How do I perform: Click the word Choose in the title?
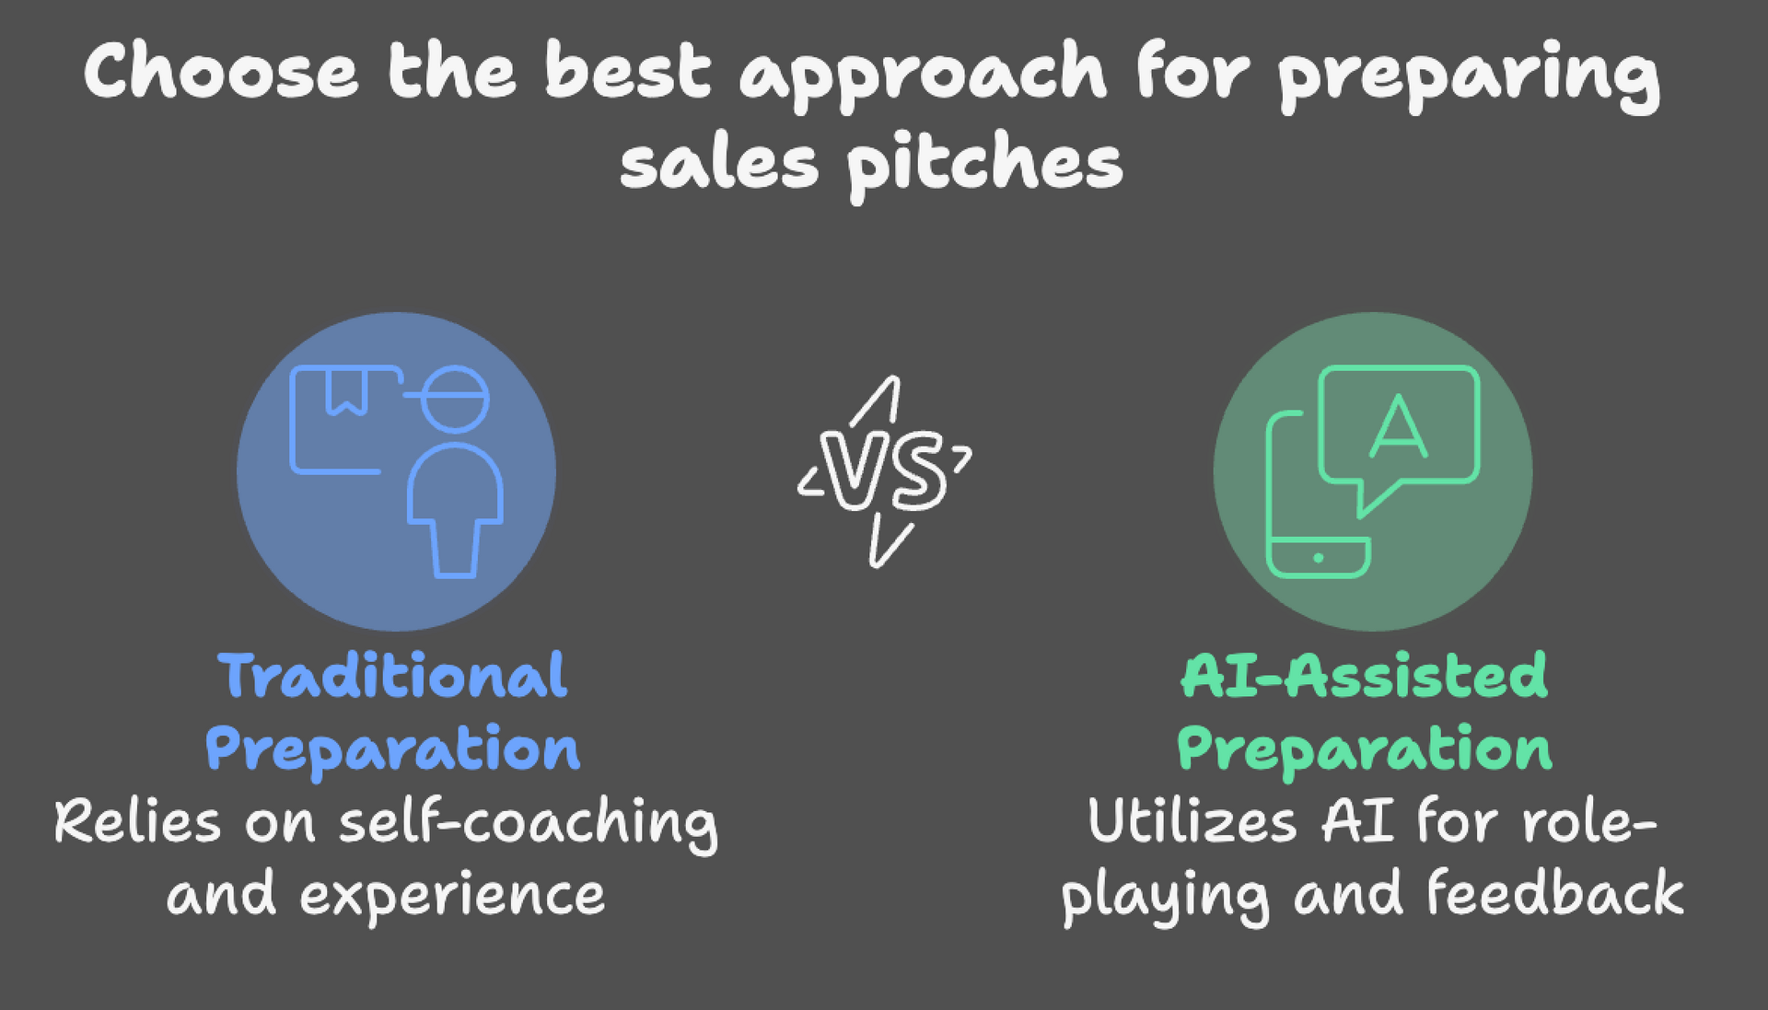220,72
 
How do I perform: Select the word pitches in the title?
983,166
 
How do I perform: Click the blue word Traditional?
393,676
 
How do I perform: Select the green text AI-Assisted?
1364,676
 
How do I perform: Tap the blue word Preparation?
393,749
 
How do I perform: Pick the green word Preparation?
1364,749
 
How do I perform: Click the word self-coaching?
528,822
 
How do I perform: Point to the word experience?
452,895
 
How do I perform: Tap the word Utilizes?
1192,820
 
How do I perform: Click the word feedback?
1554,893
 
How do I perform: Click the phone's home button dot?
1319,558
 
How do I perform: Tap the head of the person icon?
454,399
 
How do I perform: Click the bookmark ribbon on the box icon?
347,391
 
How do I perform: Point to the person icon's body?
455,506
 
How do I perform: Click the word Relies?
137,820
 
